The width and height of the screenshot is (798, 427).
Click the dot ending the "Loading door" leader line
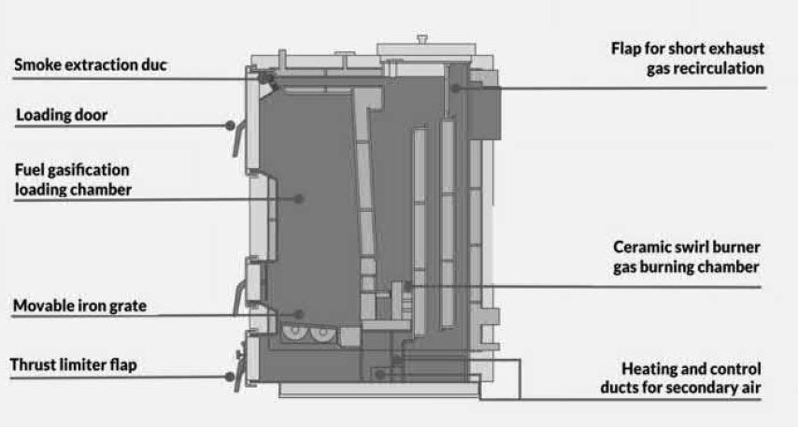(x=230, y=125)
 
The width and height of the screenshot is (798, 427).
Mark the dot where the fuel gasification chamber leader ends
(x=300, y=198)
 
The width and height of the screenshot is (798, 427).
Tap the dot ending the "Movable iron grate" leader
(x=299, y=315)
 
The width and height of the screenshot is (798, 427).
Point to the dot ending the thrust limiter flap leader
(x=230, y=377)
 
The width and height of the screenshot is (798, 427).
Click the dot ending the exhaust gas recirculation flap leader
(x=456, y=88)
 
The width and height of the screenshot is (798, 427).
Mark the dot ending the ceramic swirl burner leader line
(x=407, y=287)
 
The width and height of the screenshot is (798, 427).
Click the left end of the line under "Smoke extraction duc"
(x=13, y=78)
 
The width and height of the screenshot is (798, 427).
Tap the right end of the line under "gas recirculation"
(x=765, y=88)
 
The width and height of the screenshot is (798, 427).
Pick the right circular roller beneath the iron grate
(x=321, y=333)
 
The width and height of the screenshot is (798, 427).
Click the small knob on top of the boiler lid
(x=422, y=39)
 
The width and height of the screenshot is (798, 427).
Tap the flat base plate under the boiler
(x=379, y=390)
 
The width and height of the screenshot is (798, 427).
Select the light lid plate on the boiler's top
(x=426, y=50)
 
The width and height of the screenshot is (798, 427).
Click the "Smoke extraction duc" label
(x=91, y=65)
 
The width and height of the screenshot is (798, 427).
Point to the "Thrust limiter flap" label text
(x=73, y=365)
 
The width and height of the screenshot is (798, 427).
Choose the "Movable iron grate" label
(x=79, y=306)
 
